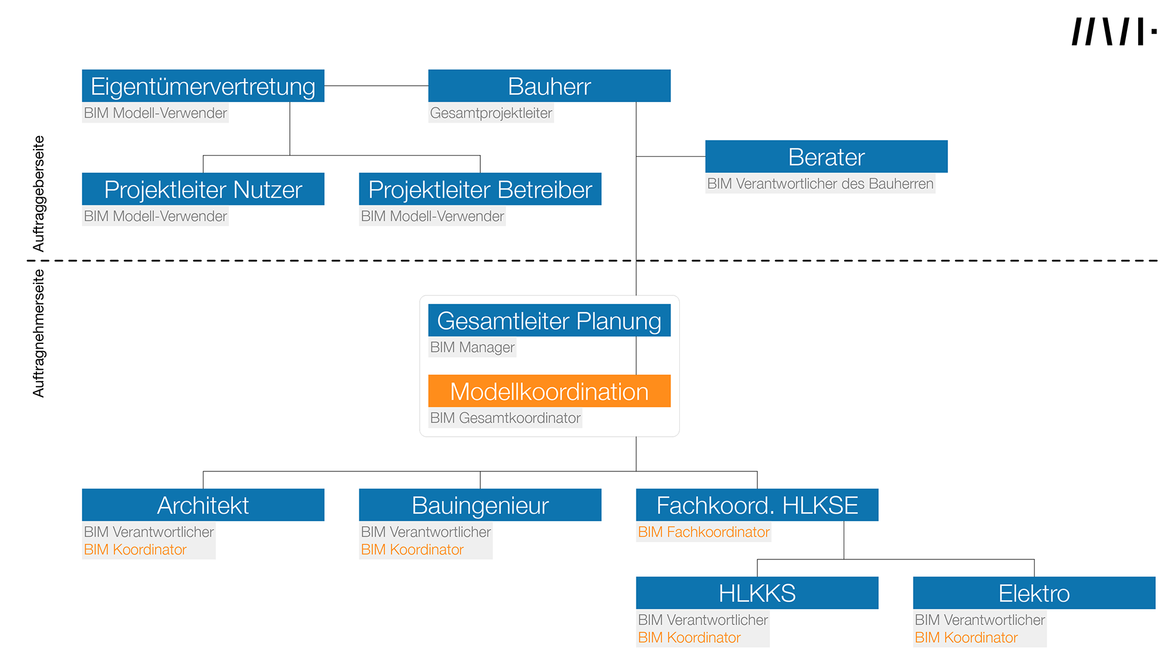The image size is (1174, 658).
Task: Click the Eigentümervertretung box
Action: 203,86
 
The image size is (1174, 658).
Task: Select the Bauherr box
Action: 549,86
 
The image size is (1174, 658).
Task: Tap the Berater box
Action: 826,156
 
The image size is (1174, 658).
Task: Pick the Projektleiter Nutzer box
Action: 203,189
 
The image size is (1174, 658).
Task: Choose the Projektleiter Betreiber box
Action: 480,189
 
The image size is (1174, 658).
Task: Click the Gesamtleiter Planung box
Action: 549,320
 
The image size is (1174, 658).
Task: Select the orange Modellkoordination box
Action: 549,391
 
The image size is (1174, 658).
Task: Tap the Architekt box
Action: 203,505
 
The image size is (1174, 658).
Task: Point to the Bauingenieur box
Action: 480,505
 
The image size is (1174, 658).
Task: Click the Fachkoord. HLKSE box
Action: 757,505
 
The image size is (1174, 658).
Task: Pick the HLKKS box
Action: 757,593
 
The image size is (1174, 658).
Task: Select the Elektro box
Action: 1034,593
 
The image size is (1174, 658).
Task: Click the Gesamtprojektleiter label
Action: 491,113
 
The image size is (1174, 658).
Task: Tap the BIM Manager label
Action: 473,347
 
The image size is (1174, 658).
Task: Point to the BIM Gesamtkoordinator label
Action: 505,418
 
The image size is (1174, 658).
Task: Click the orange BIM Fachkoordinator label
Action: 704,532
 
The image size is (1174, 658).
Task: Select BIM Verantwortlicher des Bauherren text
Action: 820,184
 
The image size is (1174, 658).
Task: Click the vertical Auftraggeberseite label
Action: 39,194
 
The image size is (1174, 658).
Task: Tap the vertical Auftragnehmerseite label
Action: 39,333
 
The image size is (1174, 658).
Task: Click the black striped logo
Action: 1114,32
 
